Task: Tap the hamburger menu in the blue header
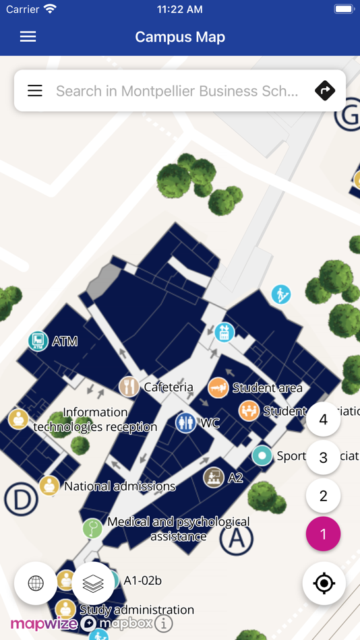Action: (28, 37)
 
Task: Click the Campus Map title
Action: (180, 37)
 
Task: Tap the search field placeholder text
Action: (177, 91)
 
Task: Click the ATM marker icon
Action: (38, 341)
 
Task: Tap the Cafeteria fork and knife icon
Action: (129, 387)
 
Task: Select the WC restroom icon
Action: (185, 423)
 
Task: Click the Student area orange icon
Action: (218, 387)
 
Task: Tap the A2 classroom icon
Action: (214, 478)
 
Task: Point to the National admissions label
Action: (119, 486)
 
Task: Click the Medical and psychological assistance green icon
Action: (92, 527)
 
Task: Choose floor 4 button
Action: (323, 420)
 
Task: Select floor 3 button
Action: (323, 458)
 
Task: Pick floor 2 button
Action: (323, 496)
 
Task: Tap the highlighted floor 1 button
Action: (323, 534)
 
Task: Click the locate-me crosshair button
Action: (324, 583)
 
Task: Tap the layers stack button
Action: (93, 583)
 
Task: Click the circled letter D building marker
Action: (21, 501)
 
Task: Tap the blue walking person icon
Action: (281, 294)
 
